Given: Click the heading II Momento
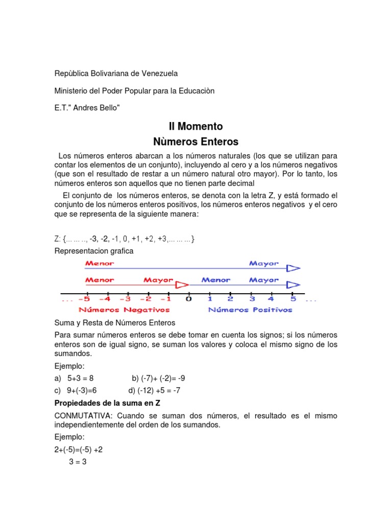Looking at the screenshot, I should pyautogui.click(x=196, y=126).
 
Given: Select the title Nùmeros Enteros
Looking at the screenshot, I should pyautogui.click(x=196, y=141).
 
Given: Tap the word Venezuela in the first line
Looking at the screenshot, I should pyautogui.click(x=156, y=74).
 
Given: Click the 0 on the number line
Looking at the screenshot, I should pyautogui.click(x=189, y=299).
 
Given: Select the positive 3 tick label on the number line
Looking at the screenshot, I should pyautogui.click(x=252, y=299).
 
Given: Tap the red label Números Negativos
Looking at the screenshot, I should pyautogui.click(x=124, y=310).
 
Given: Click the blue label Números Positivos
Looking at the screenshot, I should pyautogui.click(x=250, y=310).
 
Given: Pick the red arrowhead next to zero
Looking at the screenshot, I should pyautogui.click(x=182, y=285).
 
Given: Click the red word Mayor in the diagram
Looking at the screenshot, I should pyautogui.click(x=158, y=280).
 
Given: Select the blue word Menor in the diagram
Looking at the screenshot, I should pyautogui.click(x=216, y=280).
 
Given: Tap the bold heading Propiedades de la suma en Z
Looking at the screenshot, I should pyautogui.click(x=105, y=403).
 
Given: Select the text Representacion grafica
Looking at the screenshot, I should pyautogui.click(x=94, y=251).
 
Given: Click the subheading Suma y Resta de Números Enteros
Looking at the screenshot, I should pyautogui.click(x=115, y=323).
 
